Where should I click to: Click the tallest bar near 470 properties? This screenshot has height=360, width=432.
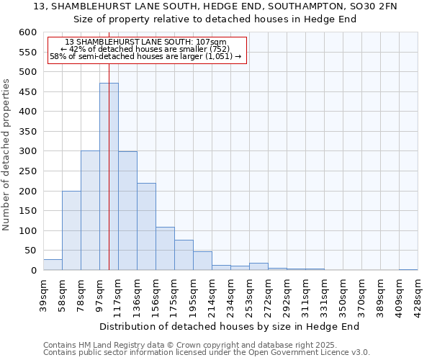pos(109,176)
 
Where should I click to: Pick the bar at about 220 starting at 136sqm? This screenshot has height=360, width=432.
pos(146,227)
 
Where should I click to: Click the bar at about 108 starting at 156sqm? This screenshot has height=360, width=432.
pos(165,248)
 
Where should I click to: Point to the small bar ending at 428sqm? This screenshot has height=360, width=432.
pos(408,269)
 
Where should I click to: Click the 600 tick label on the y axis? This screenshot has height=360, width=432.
pos(27,32)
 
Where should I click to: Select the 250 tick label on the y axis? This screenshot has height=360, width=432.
pos(27,171)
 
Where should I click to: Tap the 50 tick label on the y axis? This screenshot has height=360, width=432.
pos(30,251)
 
